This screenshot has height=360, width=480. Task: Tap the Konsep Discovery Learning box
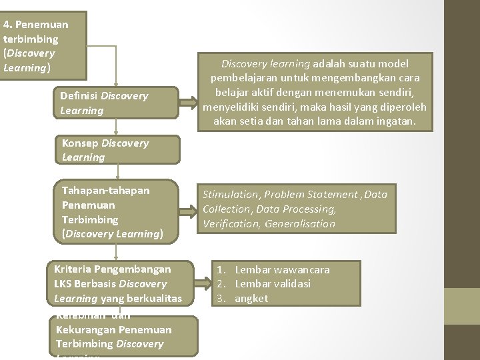point(117,150)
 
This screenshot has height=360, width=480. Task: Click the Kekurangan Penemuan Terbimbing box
point(124,336)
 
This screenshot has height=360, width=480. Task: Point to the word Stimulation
point(231,195)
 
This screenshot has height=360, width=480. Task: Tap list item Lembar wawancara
point(282,269)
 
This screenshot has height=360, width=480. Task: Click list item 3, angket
point(251,299)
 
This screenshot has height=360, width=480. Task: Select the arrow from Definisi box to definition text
point(189,103)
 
